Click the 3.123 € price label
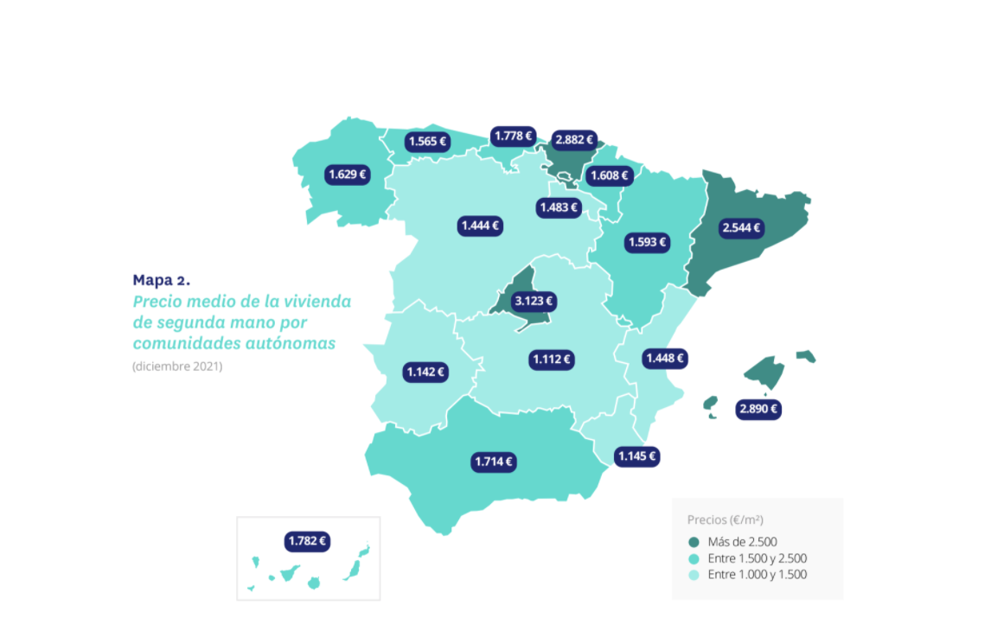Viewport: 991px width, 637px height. [533, 302]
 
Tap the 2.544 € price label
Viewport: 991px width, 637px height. [742, 228]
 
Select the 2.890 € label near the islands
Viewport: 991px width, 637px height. [758, 409]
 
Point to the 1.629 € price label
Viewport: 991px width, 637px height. [347, 175]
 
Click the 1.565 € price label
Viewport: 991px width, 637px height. [427, 142]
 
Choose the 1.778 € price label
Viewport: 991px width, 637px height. [513, 136]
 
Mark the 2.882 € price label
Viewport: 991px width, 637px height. [574, 139]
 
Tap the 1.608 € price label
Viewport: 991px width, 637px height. [609, 175]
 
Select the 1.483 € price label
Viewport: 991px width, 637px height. [558, 207]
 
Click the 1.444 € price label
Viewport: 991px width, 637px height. [480, 226]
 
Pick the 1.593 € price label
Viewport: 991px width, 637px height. [649, 242]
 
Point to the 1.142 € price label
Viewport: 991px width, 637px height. [425, 373]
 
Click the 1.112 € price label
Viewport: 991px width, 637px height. [552, 359]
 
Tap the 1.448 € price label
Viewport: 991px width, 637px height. [664, 358]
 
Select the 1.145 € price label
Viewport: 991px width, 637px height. [637, 455]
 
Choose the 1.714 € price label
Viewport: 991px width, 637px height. [495, 462]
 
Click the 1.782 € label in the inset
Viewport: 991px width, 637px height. [308, 541]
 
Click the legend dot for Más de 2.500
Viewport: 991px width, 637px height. [694, 542]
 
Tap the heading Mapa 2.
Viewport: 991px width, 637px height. [161, 279]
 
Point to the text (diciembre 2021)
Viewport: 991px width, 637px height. [177, 366]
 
